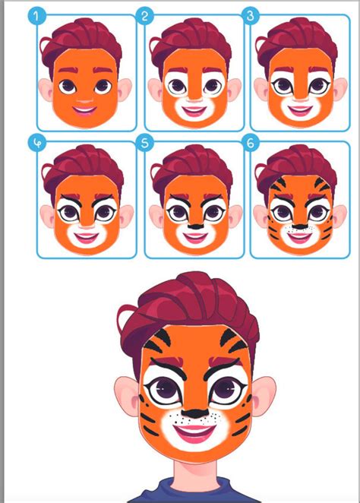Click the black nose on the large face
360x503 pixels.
pos(195,413)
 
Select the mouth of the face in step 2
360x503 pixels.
pos(194,112)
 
